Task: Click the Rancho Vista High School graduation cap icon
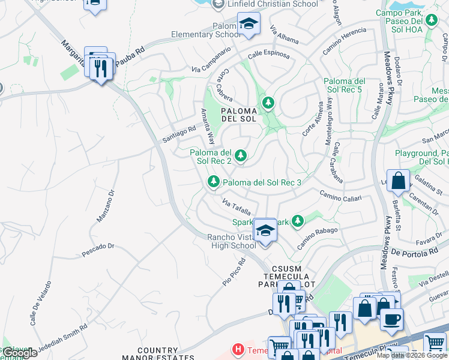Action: point(265,230)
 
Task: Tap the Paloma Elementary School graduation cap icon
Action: point(248,24)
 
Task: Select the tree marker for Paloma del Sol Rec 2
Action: point(241,156)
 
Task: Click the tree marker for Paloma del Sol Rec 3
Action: point(213,181)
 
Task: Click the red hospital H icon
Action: point(238,349)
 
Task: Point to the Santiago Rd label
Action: point(179,134)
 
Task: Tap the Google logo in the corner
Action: point(19,353)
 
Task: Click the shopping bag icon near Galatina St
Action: point(397,180)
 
